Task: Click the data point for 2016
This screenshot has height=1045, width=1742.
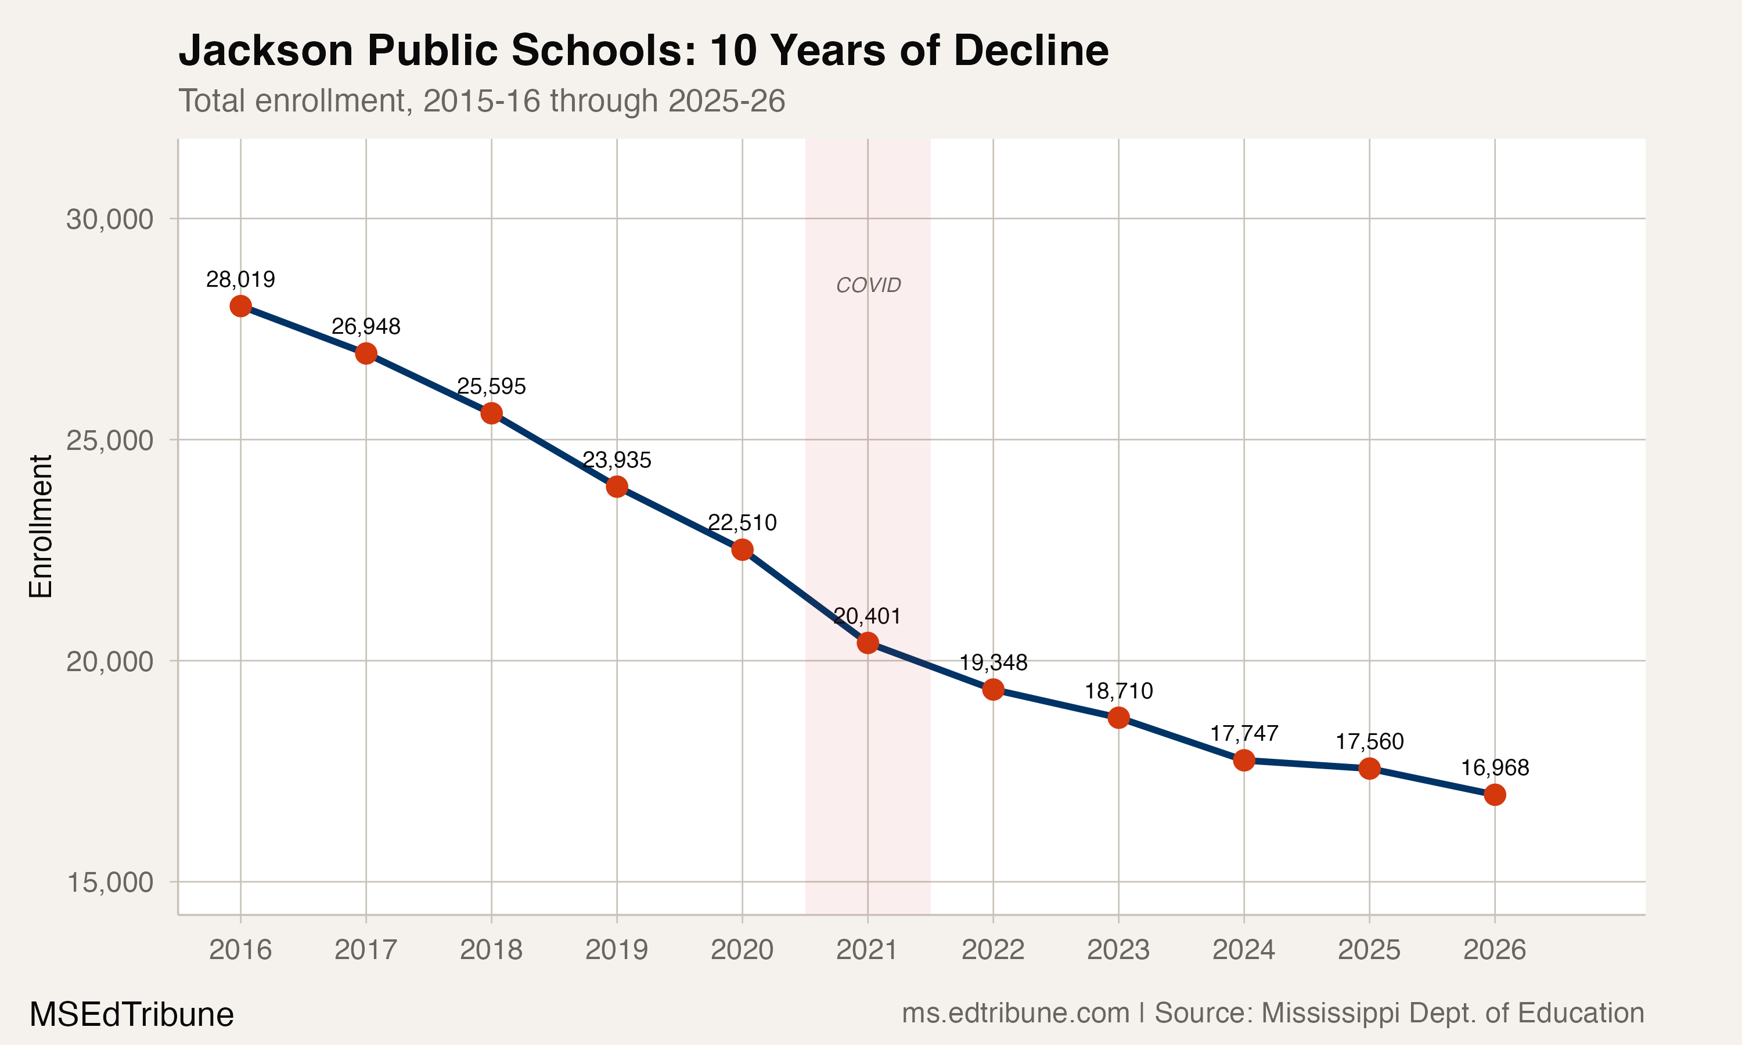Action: pos(240,307)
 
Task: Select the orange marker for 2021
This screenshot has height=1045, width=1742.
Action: pos(868,643)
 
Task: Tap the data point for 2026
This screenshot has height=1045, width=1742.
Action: pos(1494,795)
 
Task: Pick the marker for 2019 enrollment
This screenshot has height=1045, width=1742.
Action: pos(617,487)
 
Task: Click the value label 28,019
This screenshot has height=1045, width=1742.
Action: pos(240,280)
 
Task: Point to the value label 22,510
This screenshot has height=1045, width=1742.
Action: pos(742,522)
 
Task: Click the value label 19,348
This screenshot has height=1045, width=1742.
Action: pos(993,662)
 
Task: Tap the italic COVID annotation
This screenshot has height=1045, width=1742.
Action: pos(868,285)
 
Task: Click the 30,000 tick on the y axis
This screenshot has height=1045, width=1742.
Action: pos(110,219)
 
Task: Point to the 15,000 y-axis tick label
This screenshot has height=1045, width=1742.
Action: pos(110,882)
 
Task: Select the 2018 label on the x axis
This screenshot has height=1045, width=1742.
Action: pos(491,950)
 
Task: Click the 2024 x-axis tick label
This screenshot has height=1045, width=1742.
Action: pos(1243,950)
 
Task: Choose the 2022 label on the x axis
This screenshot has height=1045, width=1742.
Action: pos(993,950)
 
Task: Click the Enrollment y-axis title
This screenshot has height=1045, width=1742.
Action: pos(41,527)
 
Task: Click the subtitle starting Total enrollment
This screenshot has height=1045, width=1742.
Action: pos(481,100)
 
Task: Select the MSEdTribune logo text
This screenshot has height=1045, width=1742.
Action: pos(132,1015)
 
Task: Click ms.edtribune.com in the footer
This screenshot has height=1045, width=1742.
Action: pos(1016,1012)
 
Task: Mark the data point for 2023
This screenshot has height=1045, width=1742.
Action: pos(1118,718)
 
